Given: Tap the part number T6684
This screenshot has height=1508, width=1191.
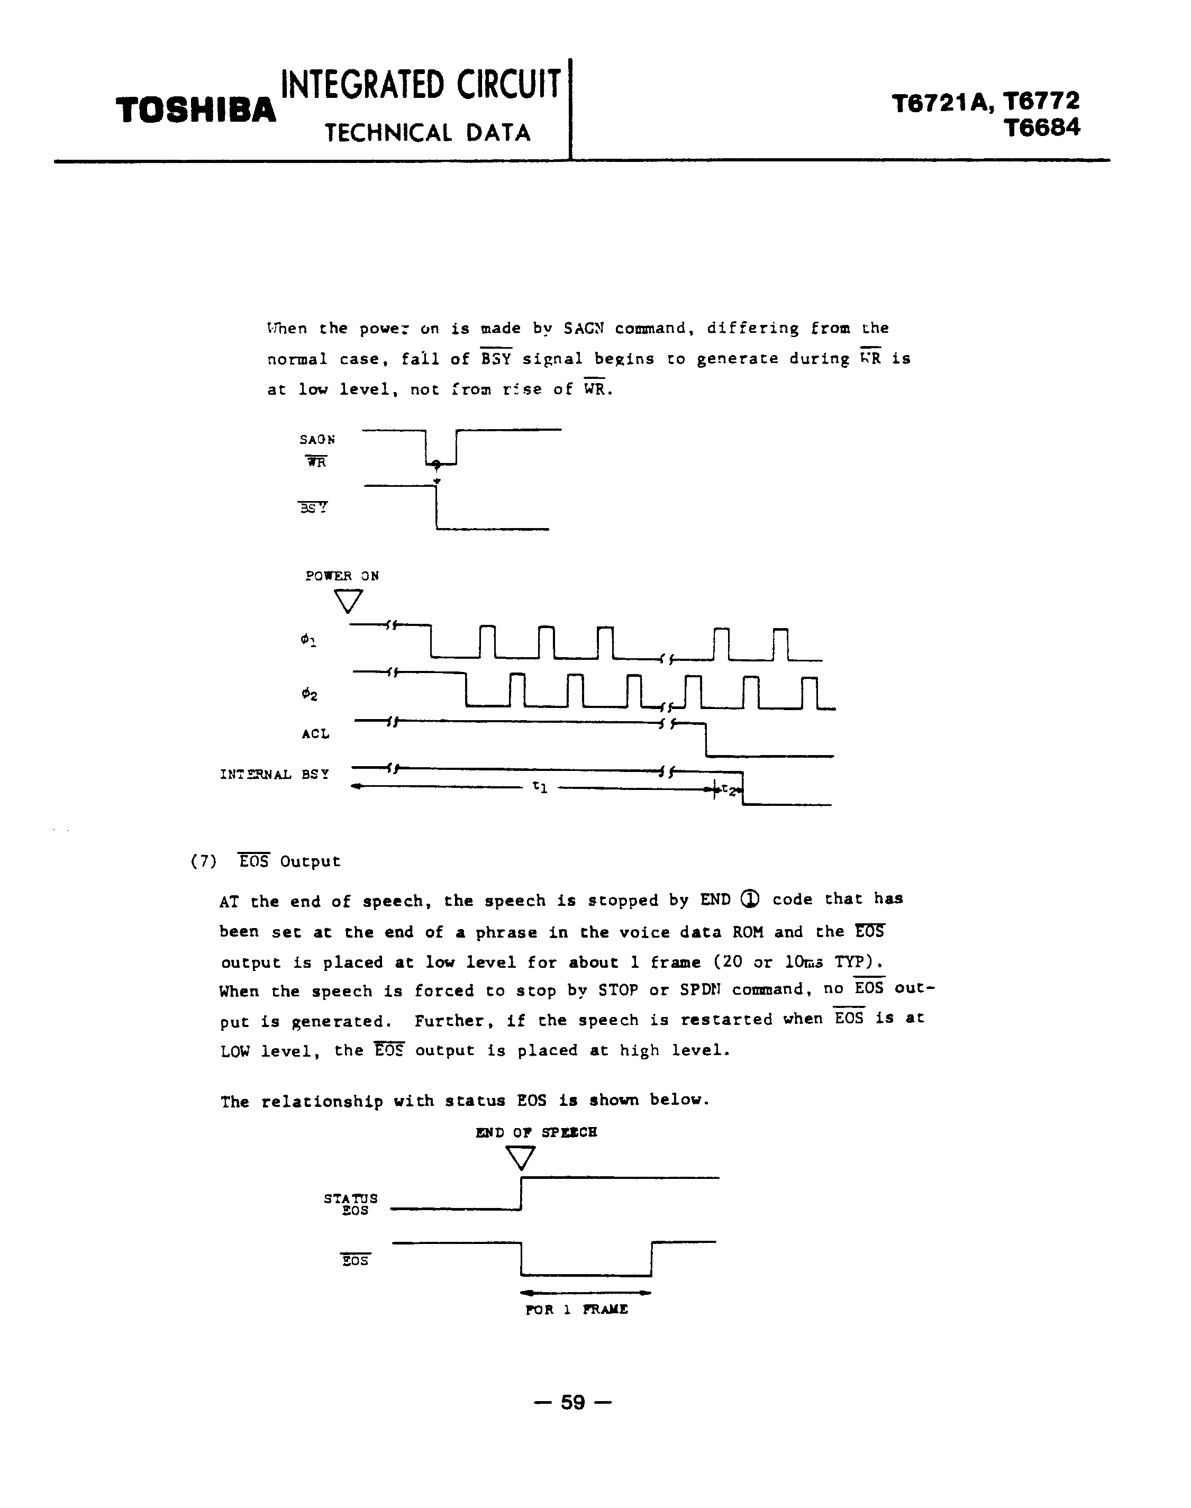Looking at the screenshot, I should (1042, 128).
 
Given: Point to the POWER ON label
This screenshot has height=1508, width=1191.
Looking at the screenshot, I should (342, 576).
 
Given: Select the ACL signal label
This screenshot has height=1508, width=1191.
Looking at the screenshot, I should (315, 733).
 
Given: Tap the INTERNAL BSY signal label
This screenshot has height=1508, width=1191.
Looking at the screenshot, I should (274, 775).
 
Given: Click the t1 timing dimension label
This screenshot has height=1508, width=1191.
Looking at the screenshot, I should (540, 787).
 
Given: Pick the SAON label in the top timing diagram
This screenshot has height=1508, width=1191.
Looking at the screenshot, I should (317, 439).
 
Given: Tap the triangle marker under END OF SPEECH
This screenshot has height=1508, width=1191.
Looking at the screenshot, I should (520, 1158).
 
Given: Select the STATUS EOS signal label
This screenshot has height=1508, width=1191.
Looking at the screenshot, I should (351, 1204).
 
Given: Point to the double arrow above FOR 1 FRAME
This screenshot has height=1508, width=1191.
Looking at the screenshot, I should (586, 1293).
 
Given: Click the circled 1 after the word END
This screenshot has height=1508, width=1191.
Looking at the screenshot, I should (750, 900).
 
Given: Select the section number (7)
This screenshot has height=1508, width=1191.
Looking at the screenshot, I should (204, 862).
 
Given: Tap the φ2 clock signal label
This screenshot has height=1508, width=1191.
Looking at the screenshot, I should (310, 694).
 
